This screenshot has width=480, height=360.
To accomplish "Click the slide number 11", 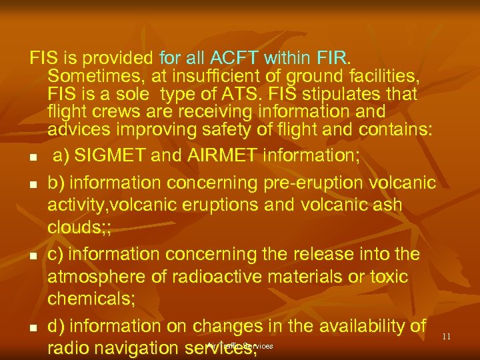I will (447, 337).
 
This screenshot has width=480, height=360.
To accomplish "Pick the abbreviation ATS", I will (244, 93).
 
